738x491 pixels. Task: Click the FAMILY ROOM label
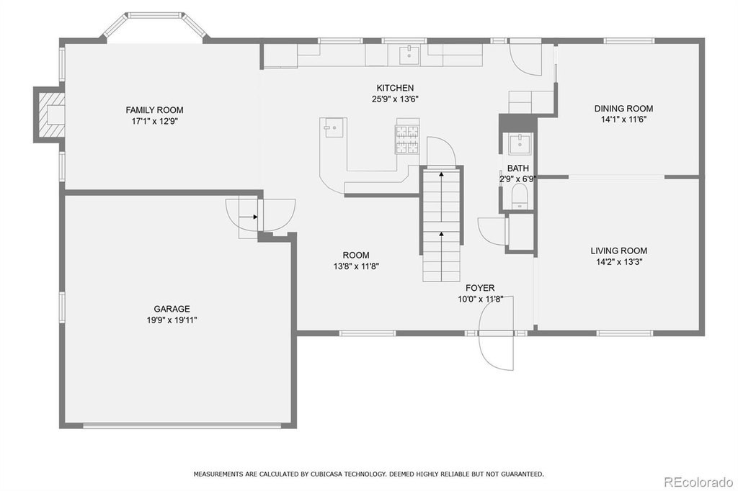click(154, 110)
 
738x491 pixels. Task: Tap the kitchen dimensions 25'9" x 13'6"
click(395, 99)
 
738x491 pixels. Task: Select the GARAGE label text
click(172, 309)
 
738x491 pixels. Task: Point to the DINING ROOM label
click(623, 109)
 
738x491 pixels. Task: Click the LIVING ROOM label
click(619, 251)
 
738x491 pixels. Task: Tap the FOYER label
click(480, 288)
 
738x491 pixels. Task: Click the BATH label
click(517, 168)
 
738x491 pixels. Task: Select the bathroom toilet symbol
click(520, 196)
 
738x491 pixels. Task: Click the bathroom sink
click(520, 143)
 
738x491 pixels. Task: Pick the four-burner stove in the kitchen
click(407, 140)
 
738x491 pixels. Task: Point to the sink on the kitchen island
click(334, 127)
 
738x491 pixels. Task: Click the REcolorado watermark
click(698, 482)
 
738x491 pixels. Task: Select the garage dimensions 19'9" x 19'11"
click(172, 320)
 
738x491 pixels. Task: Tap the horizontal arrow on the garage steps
click(249, 217)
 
